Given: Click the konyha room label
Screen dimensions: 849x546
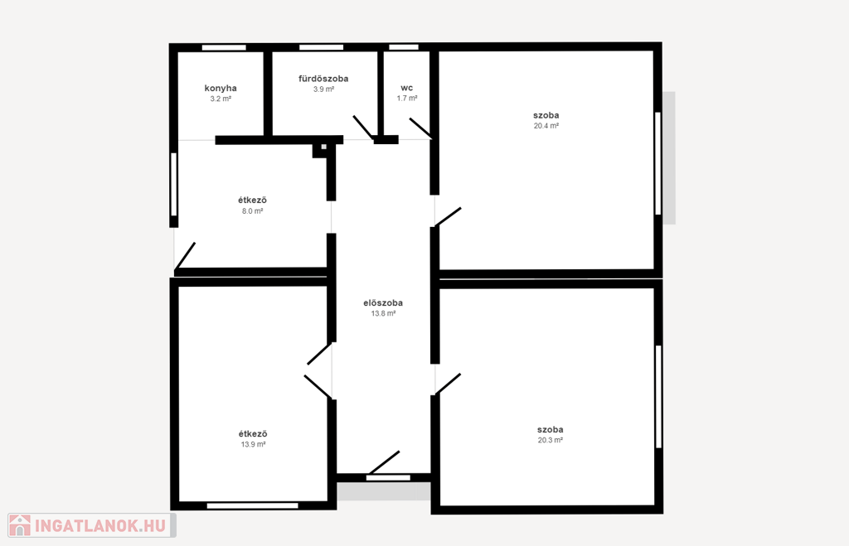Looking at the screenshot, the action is point(221,88).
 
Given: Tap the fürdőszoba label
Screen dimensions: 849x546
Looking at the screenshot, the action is point(323,79).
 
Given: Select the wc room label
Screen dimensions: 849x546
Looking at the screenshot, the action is point(406,88).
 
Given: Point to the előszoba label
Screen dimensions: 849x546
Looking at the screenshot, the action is point(383,303).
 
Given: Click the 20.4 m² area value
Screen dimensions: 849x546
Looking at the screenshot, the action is point(546,126).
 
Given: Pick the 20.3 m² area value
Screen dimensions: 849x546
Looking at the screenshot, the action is point(551,440).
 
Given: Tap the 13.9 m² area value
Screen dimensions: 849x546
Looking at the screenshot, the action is point(253,444).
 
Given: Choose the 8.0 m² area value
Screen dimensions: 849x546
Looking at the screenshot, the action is point(252,211).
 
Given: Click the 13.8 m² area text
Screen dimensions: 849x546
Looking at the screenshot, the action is point(383,313).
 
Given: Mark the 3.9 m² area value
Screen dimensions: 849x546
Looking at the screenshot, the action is point(323,89).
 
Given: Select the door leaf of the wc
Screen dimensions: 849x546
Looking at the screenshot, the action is point(420,128).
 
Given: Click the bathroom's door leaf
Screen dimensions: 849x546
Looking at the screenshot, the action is point(363,127).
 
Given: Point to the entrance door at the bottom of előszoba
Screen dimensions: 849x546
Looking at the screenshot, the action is point(384,462).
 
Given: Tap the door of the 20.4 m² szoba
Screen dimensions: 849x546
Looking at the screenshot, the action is point(448,216).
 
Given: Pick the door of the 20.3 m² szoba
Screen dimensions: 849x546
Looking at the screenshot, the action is point(448,384).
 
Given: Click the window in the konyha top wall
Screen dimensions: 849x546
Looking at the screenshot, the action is point(224,47).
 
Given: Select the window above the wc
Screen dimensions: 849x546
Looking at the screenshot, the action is point(404,47).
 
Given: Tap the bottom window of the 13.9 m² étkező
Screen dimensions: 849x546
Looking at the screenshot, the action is point(252,506).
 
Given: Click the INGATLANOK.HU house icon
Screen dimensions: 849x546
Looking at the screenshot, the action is point(20,525).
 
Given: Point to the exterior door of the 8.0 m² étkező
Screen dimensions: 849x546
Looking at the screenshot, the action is point(185,256).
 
